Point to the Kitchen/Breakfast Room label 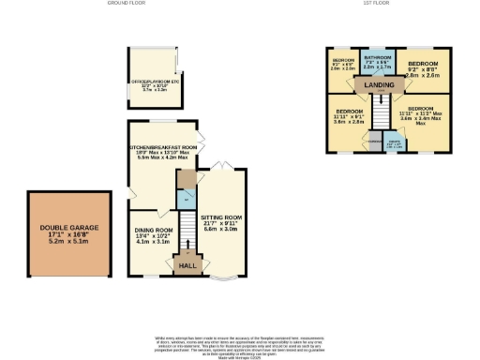pos(163,151)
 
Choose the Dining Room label pos(154,233)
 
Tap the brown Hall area pos(187,266)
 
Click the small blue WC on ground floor pos(186,201)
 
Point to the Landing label pos(380,85)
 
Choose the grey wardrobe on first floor pos(373,142)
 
